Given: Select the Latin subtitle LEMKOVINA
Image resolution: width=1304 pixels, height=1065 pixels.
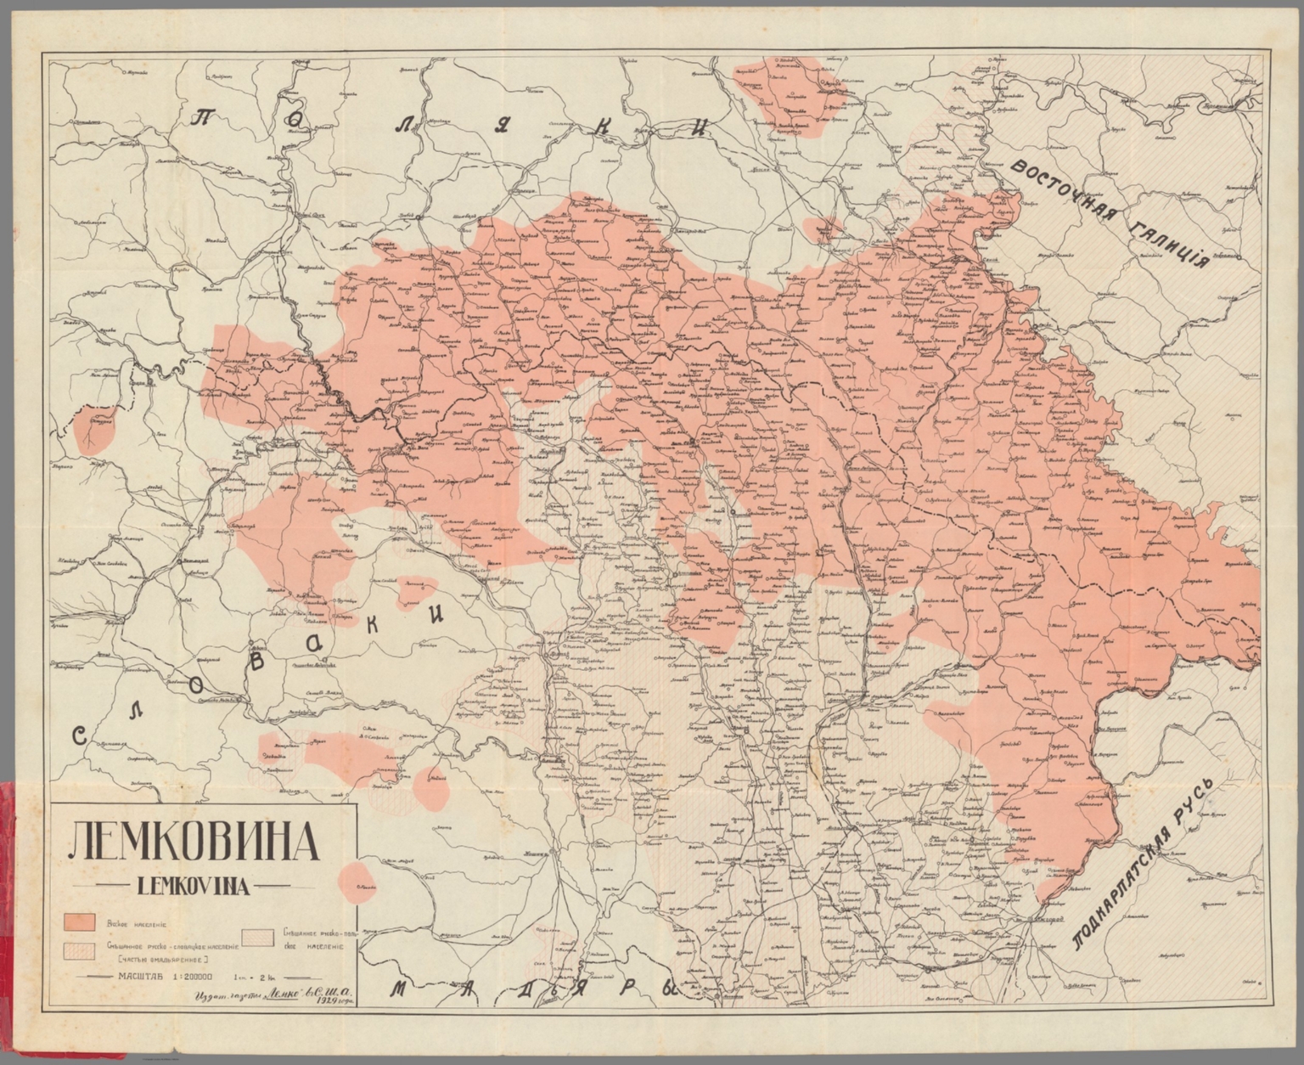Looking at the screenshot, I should click(193, 887).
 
